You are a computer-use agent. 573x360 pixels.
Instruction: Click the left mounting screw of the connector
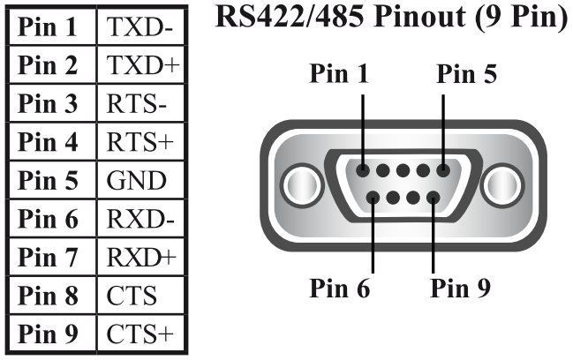coord(298,184)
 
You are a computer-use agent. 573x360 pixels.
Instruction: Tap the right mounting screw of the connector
coord(506,184)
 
